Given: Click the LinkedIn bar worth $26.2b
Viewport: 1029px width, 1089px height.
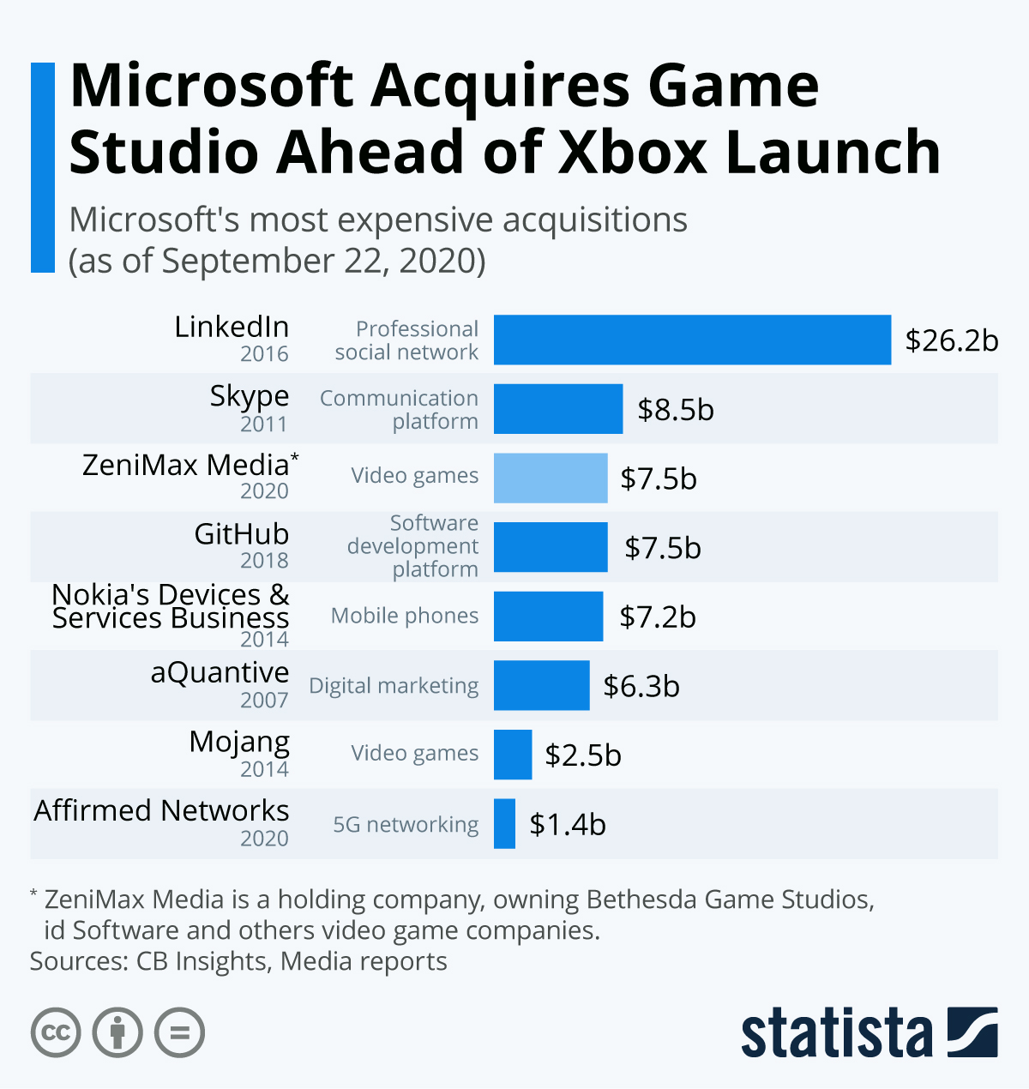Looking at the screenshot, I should [x=692, y=340].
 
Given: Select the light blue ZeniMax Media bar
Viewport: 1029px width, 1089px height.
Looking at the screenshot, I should [x=551, y=478].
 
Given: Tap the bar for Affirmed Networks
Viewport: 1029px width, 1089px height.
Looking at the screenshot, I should [x=504, y=824].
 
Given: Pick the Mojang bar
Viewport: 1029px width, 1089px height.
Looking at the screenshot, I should [x=513, y=755].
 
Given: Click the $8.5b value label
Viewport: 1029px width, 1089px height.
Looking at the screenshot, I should [x=676, y=410].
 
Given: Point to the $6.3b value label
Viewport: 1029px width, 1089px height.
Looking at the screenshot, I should [x=641, y=686].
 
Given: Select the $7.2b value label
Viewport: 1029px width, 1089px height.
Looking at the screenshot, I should [x=658, y=617].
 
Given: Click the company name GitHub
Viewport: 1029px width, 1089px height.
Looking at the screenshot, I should [x=242, y=534].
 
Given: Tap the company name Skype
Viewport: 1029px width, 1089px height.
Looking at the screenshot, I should [x=250, y=396].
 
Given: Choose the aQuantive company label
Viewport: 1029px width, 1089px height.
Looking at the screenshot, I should [x=220, y=673].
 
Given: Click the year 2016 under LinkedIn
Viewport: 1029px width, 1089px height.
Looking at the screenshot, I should [x=264, y=354].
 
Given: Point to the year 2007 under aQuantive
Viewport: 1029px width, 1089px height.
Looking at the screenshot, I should [x=264, y=701].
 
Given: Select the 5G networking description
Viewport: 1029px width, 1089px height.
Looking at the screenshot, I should [x=406, y=825].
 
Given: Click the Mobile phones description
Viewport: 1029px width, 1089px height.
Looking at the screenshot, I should [x=405, y=616].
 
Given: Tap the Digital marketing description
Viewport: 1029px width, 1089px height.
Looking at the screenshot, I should [x=394, y=686].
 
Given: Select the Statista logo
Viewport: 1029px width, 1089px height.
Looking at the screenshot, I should [x=869, y=1033].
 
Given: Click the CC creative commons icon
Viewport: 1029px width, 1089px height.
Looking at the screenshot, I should [x=56, y=1032].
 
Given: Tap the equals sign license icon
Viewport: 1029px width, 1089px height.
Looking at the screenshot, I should [x=179, y=1032].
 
